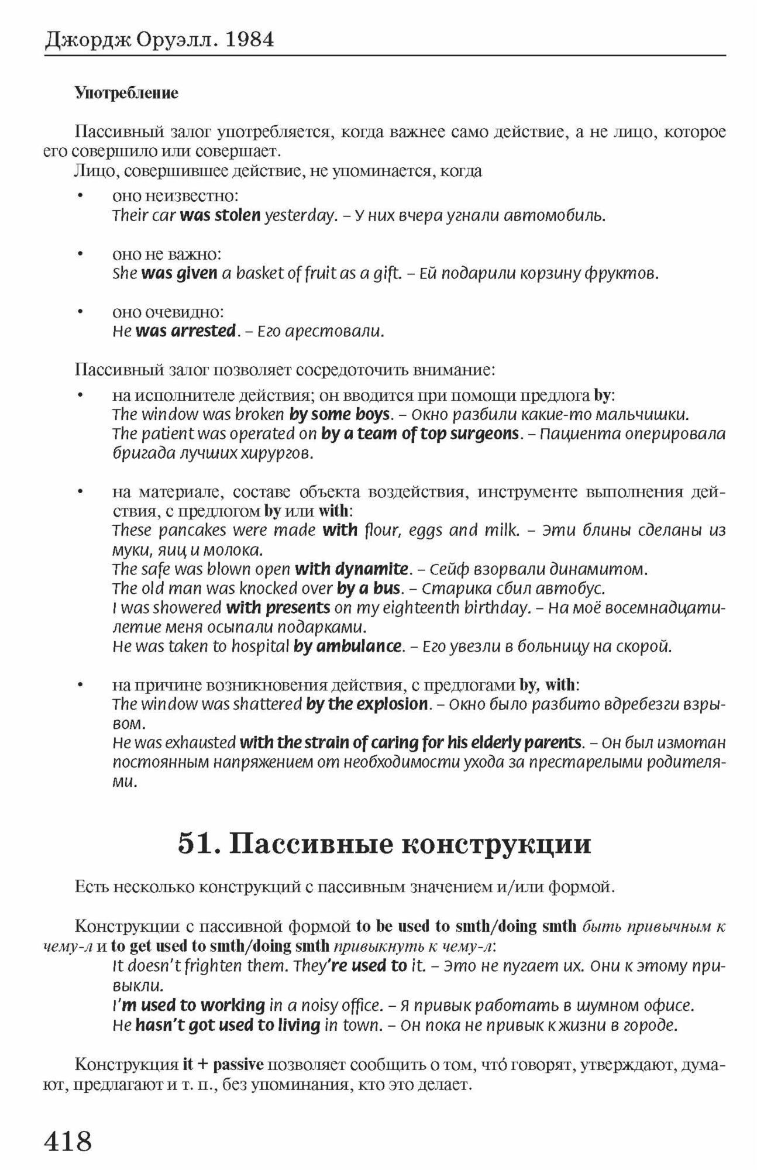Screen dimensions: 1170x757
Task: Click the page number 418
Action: point(68,1140)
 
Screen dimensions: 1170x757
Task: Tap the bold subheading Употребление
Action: point(126,93)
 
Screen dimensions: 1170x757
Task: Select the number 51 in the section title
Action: point(195,844)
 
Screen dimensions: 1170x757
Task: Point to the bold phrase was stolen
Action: point(221,216)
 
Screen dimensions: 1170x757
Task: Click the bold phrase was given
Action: point(180,273)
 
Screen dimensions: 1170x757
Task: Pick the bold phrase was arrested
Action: point(185,331)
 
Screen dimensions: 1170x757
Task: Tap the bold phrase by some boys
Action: point(339,415)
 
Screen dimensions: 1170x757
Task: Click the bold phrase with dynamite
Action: point(352,569)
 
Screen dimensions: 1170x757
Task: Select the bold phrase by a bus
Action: point(369,588)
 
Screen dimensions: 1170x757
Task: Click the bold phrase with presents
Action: point(278,608)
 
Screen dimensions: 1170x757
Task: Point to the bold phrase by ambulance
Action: point(347,646)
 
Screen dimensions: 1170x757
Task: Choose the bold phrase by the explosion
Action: point(367,704)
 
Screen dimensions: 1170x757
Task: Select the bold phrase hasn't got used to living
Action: point(228,1025)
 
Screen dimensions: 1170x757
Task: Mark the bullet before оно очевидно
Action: point(80,312)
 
